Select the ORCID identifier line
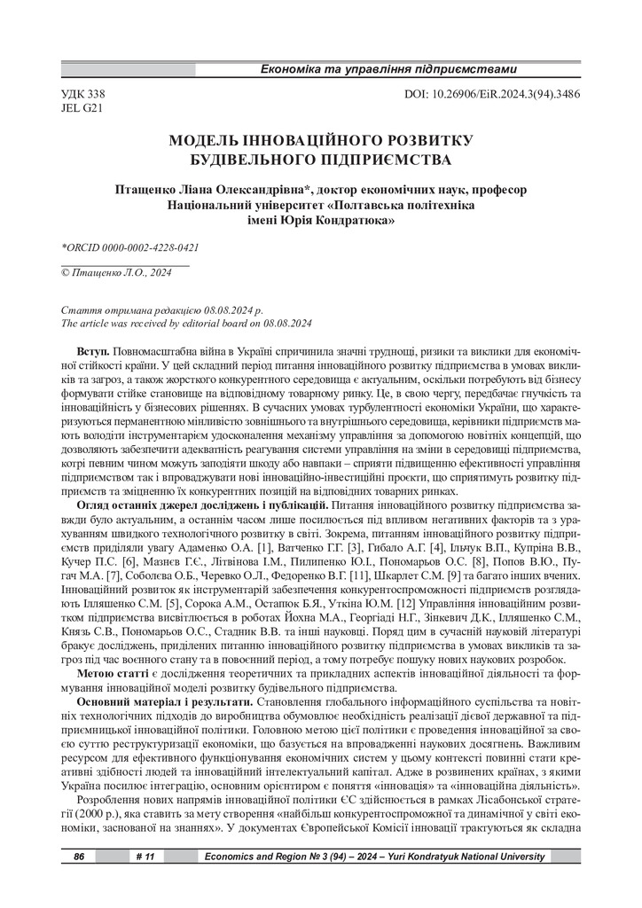(129, 247)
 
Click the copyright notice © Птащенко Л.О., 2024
(115, 273)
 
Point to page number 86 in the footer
(79, 857)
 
